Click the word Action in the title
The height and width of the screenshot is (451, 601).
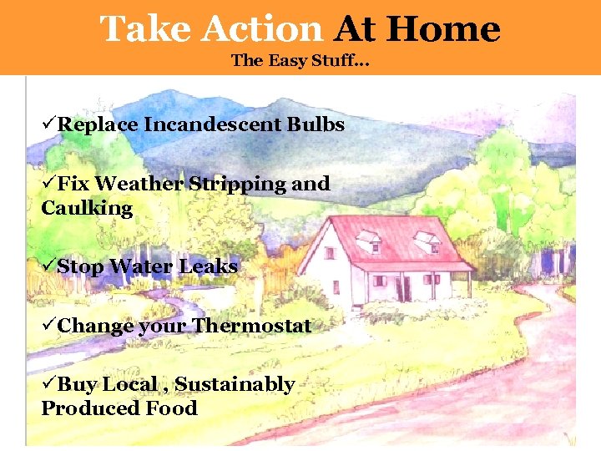pyautogui.click(x=261, y=30)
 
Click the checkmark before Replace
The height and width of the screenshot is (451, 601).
pyautogui.click(x=48, y=125)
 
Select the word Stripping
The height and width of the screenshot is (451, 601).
pyautogui.click(x=237, y=184)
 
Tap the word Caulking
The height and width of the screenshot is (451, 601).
pyautogui.click(x=87, y=208)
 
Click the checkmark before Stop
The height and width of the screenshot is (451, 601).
pyautogui.click(x=48, y=267)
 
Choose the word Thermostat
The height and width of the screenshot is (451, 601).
pyautogui.click(x=251, y=326)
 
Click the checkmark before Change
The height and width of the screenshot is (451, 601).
pyautogui.click(x=48, y=326)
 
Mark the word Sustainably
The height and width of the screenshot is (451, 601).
pyautogui.click(x=235, y=384)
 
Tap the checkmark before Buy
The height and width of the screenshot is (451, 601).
pyautogui.click(x=48, y=384)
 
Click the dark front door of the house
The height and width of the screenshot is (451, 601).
pyautogui.click(x=407, y=288)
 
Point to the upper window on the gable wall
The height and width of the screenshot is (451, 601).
pyautogui.click(x=330, y=251)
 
